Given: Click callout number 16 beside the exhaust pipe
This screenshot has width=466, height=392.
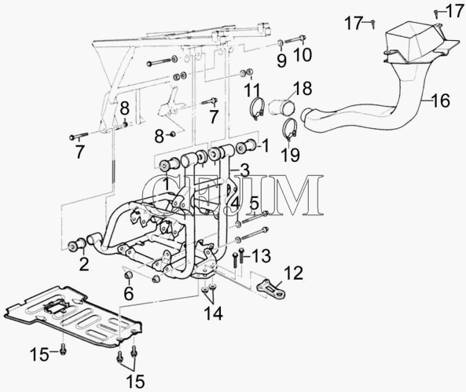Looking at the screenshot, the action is click(441, 101).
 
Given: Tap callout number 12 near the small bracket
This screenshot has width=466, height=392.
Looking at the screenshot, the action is click(293, 273).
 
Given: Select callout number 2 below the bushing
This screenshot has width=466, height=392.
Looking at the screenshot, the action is click(84, 264).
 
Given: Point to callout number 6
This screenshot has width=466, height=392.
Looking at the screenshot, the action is click(129, 294).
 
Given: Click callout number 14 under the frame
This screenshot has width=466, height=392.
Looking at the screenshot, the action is click(213, 313).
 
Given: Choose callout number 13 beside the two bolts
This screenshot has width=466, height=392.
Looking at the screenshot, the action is click(261, 256).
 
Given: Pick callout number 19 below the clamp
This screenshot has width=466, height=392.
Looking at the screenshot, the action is click(290, 155).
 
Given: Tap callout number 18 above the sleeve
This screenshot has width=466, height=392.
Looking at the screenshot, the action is click(303, 88).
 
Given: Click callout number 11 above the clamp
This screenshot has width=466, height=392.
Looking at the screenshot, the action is click(251, 90).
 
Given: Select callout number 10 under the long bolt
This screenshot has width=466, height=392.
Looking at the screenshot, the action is click(303, 55).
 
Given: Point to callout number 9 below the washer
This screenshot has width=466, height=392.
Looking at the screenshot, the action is click(281, 60).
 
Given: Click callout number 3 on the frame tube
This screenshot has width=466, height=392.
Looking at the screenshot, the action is click(244, 170).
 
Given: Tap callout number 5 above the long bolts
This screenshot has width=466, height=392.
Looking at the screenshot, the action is click(254, 204).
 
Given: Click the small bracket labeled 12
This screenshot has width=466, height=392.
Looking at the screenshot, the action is click(271, 288).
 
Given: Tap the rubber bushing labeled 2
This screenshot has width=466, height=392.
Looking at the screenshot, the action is click(77, 244).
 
